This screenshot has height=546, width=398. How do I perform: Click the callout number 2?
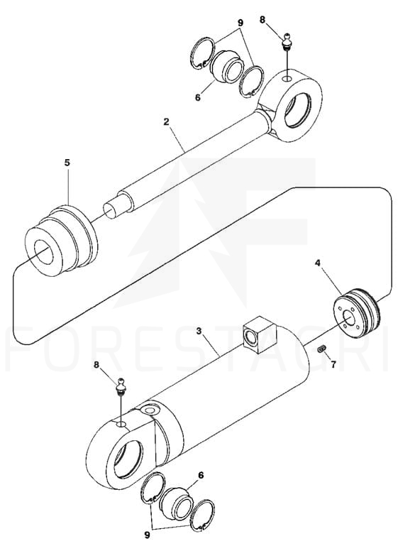click(166, 122)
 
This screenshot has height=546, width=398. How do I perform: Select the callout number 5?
click(67, 163)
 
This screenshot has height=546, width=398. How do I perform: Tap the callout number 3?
click(199, 331)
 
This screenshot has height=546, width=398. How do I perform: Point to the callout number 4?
click(317, 263)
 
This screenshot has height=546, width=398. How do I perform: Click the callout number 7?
click(333, 364)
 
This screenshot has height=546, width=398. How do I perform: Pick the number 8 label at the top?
click(262, 19)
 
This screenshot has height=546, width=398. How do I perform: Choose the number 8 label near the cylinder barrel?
click(96, 364)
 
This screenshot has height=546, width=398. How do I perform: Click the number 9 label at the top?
click(240, 23)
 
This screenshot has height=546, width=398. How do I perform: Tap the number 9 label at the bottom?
click(147, 535)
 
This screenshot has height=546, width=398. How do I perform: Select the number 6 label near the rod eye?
click(198, 97)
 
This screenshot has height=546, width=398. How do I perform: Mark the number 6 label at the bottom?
click(201, 475)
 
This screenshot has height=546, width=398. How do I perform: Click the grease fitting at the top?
click(287, 42)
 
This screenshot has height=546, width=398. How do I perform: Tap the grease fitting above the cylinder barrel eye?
click(121, 386)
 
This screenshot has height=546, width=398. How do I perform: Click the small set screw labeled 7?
click(321, 349)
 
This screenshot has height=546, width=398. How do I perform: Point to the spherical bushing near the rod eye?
click(226, 67)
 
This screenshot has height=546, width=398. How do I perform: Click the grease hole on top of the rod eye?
click(287, 79)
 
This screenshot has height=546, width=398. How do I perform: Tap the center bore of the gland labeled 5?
click(43, 251)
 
